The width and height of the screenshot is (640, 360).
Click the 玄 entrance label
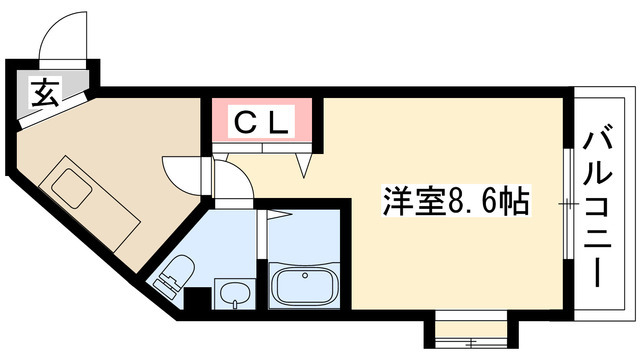click(x=46, y=93)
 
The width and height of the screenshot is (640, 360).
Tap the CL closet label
click(x=261, y=122)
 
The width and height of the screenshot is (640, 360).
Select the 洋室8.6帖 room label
click(x=456, y=201)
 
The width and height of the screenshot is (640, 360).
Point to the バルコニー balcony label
click(x=598, y=209)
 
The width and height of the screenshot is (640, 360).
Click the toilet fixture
click(x=174, y=273)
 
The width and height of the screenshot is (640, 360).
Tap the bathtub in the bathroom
click(x=304, y=286)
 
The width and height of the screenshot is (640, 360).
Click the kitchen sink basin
click(x=71, y=188)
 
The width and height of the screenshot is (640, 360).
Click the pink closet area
click(x=262, y=119)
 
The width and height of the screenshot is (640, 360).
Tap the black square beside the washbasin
click(x=198, y=298)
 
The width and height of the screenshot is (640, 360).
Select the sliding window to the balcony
click(x=568, y=203)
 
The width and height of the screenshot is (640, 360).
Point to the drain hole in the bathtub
click(x=304, y=276)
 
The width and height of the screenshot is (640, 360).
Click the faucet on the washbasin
click(x=234, y=303)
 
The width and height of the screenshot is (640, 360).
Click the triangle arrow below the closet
click(x=304, y=165)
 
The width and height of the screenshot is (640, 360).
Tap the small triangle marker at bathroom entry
click(x=279, y=215)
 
